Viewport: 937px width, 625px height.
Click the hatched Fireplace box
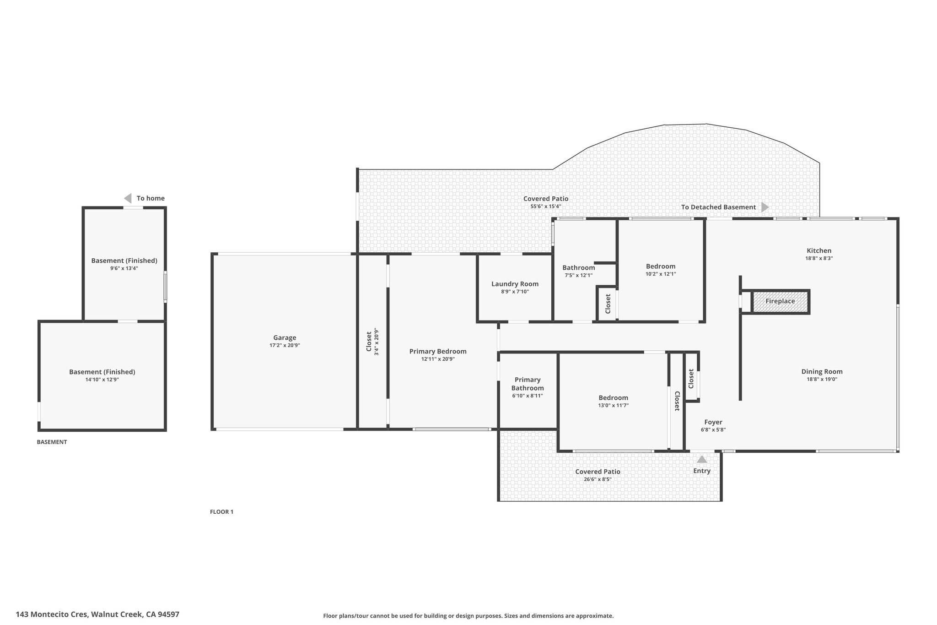[780, 301]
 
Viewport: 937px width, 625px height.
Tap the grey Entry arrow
[702, 459]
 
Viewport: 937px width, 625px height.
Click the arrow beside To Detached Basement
[765, 207]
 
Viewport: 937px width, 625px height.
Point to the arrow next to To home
[128, 198]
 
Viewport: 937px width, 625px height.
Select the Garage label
[285, 338]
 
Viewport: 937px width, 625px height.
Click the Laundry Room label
[515, 284]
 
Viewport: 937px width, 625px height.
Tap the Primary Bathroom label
[528, 384]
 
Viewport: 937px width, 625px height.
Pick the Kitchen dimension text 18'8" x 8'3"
[819, 258]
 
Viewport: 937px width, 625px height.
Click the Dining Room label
[822, 372]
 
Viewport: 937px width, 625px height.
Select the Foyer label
[713, 422]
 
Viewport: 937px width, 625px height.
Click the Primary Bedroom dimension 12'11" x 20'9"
[438, 359]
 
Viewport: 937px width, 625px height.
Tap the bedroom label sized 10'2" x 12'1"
[661, 266]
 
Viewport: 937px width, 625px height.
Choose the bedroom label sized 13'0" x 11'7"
[613, 398]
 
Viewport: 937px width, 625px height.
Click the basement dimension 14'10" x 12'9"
[102, 379]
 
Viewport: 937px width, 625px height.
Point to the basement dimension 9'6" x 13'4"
[124, 268]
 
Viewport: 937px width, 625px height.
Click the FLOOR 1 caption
[221, 512]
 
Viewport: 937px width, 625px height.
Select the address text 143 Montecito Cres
[52, 614]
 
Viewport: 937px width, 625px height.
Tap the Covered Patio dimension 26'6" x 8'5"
[598, 479]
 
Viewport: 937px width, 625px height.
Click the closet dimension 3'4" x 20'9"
[377, 342]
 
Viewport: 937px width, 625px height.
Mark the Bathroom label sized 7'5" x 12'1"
[579, 268]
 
